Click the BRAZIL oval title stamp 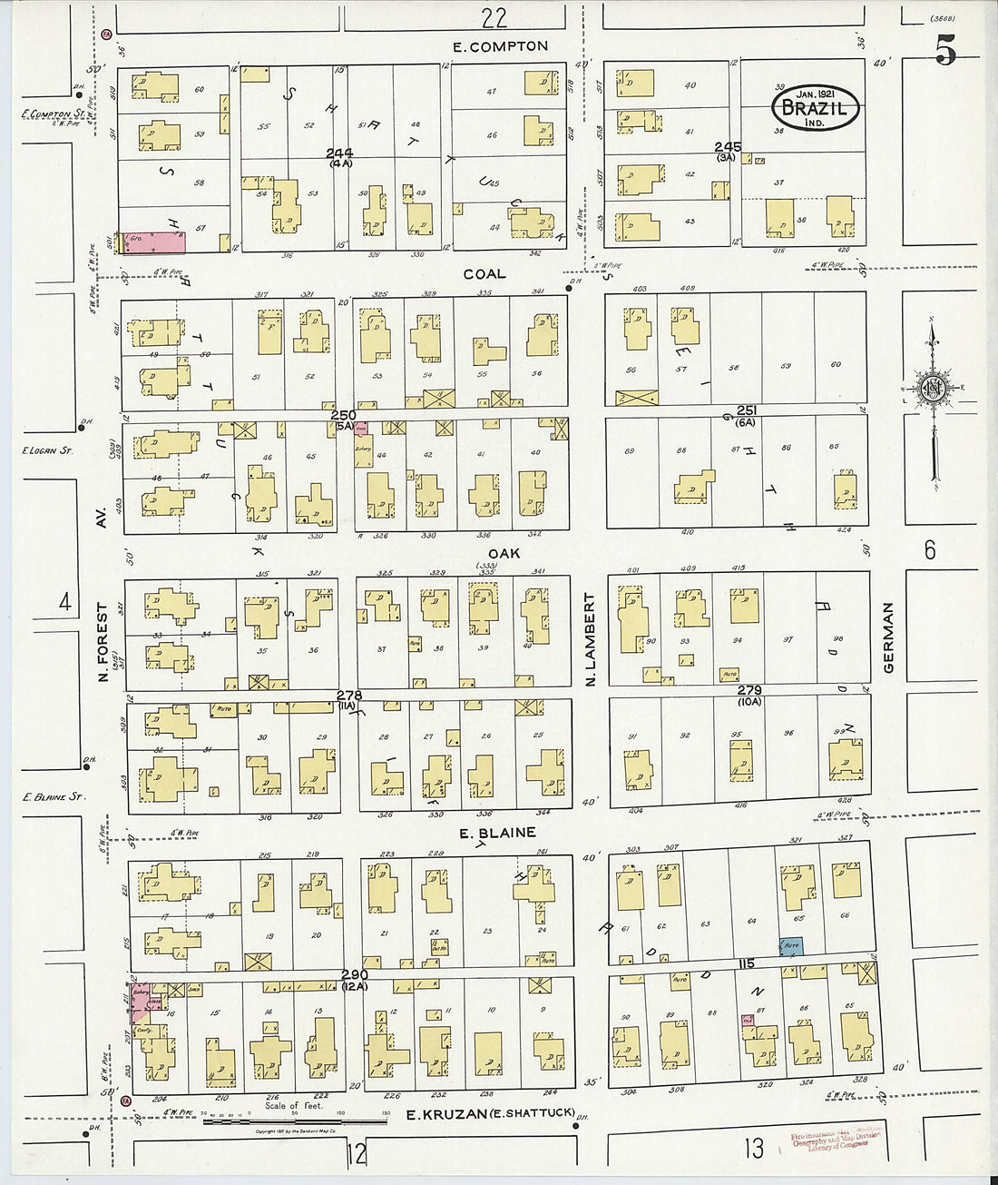[x=816, y=109]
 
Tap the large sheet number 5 [x=944, y=54]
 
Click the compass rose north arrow [x=933, y=390]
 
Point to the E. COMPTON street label [x=502, y=46]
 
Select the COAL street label [x=484, y=273]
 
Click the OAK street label [x=504, y=552]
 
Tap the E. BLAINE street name [x=497, y=833]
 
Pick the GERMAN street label [x=888, y=637]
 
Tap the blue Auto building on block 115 [x=791, y=945]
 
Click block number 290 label [x=354, y=974]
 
